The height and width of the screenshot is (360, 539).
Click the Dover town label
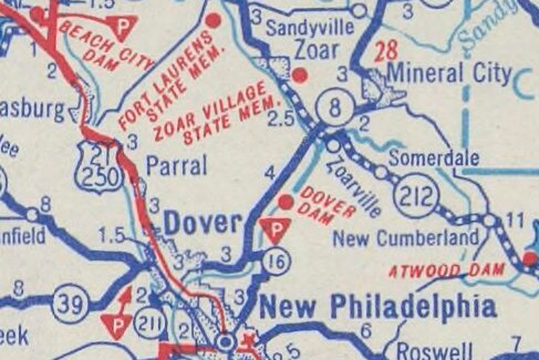click(x=203, y=223)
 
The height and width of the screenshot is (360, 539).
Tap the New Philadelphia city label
click(x=377, y=307)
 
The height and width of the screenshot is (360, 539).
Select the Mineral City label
click(x=449, y=73)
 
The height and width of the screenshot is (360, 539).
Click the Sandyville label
click(x=310, y=28)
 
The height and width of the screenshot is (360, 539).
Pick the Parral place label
click(x=176, y=166)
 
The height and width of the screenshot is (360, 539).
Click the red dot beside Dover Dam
click(x=285, y=203)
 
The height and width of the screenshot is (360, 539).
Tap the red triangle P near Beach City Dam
click(x=123, y=28)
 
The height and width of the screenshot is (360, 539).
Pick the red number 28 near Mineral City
click(x=386, y=51)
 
